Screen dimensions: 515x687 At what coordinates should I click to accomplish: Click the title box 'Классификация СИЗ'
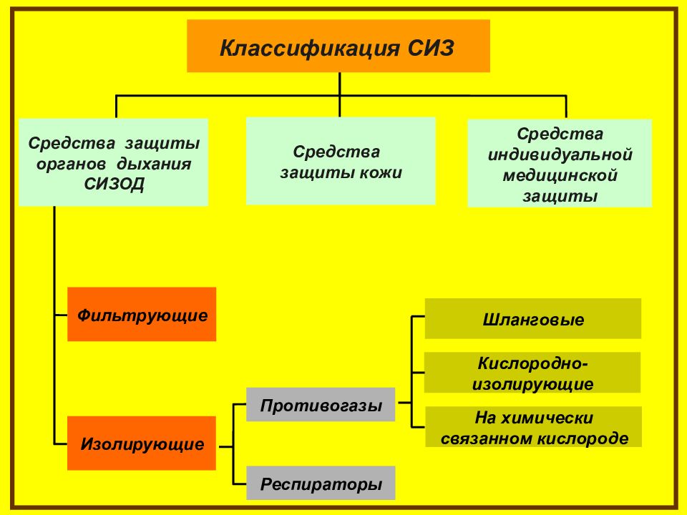pyautogui.click(x=338, y=46)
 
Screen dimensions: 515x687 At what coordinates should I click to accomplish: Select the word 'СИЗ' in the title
pyautogui.click(x=431, y=49)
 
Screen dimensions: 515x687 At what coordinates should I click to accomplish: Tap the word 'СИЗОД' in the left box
pyautogui.click(x=114, y=185)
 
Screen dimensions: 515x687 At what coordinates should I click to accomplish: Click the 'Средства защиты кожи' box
pyautogui.click(x=341, y=162)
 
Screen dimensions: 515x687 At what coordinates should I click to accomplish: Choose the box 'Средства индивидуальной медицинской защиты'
pyautogui.click(x=559, y=164)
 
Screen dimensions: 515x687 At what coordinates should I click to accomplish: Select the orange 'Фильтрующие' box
pyautogui.click(x=142, y=314)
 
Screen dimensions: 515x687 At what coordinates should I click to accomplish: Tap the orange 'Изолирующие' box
pyautogui.click(x=142, y=443)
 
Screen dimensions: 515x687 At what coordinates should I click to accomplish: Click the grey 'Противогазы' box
pyautogui.click(x=321, y=405)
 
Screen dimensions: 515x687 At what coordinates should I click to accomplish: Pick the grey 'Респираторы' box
pyautogui.click(x=321, y=483)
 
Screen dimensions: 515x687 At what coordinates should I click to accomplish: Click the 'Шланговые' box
pyautogui.click(x=532, y=319)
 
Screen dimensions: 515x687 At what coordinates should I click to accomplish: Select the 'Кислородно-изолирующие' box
pyautogui.click(x=532, y=373)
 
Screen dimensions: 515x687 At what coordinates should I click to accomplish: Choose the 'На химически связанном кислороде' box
pyautogui.click(x=532, y=427)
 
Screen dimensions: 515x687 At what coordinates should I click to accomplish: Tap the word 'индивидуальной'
pyautogui.click(x=560, y=154)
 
